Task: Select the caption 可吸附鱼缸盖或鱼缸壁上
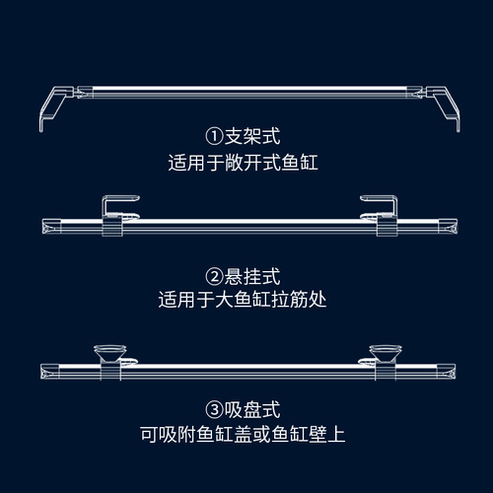point(246,433)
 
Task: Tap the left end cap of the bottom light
point(47,372)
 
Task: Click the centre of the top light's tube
point(246,94)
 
